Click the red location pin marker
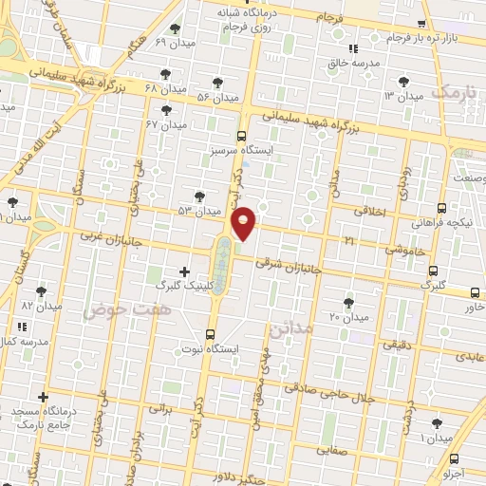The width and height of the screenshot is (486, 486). (x=244, y=223)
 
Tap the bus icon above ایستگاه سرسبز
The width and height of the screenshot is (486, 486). (x=241, y=136)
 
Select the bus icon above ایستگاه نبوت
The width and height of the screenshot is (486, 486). (x=211, y=334)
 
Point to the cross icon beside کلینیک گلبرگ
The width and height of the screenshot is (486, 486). (x=184, y=271)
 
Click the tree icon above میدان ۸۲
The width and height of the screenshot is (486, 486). (x=40, y=291)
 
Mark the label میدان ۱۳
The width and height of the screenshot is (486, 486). (x=402, y=97)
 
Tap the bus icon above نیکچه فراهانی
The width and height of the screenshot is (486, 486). (x=441, y=207)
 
